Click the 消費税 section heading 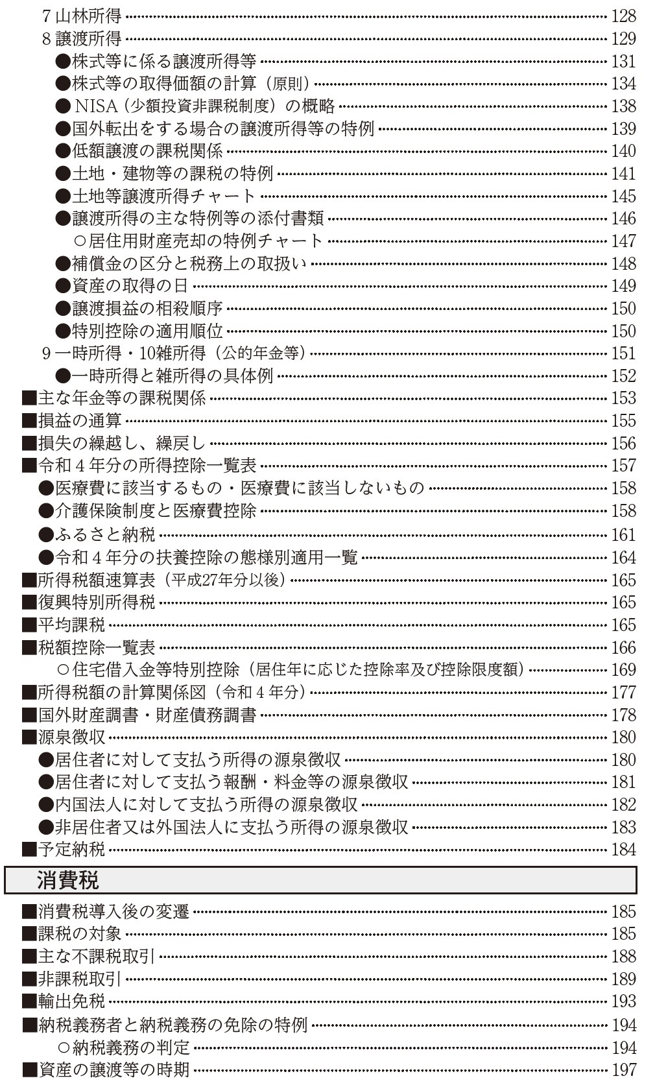click(67, 881)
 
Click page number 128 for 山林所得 click(623, 16)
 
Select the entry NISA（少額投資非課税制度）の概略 click(204, 106)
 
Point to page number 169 click(623, 670)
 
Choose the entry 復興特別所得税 click(96, 603)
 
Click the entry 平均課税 click(71, 625)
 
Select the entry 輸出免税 click(71, 1001)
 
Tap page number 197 click(623, 1069)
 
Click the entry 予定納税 click(71, 850)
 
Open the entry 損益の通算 click(79, 421)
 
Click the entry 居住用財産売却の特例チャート click(205, 241)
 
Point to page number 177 click(623, 693)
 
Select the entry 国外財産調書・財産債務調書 click(147, 715)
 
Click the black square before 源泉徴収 click(29, 737)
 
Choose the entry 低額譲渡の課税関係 click(147, 151)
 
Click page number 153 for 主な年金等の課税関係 click(623, 398)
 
